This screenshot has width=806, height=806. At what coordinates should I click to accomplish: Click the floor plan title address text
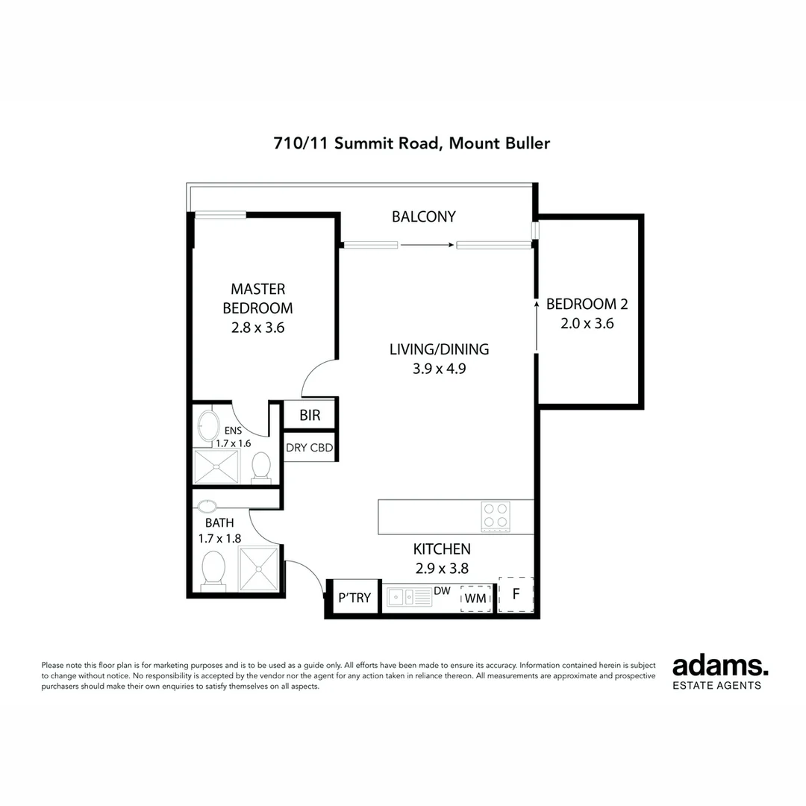(412, 143)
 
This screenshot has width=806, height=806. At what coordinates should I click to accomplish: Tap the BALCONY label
(423, 216)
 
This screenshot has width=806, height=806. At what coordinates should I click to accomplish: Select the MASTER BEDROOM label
(257, 298)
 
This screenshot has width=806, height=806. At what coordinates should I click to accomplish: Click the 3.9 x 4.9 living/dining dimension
(439, 368)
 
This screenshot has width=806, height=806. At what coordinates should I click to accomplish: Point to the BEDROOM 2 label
(587, 304)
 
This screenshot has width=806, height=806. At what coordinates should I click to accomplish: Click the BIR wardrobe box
(310, 416)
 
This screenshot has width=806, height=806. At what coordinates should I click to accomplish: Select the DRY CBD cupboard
(309, 449)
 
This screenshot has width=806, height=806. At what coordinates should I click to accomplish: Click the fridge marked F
(516, 595)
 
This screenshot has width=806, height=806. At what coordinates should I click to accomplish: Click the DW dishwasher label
(442, 590)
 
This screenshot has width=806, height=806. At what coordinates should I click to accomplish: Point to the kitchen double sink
(403, 597)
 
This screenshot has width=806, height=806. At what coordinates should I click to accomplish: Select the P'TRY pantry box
(354, 598)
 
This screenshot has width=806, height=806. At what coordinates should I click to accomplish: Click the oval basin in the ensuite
(206, 426)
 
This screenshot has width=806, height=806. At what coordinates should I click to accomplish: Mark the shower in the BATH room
(258, 569)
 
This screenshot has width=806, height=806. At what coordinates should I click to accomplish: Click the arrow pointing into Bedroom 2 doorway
(537, 325)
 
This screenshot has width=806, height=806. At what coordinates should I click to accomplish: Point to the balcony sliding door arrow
(427, 244)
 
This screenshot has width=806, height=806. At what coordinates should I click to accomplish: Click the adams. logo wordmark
(720, 666)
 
